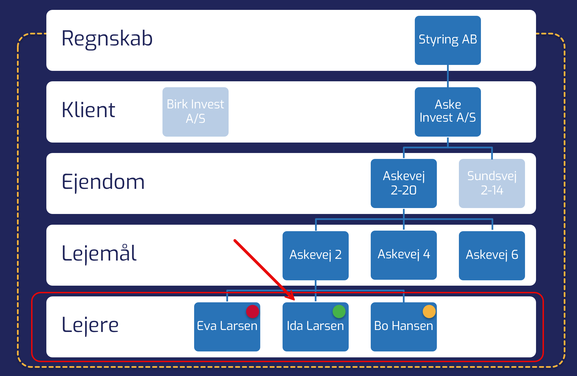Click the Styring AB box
tap(448, 40)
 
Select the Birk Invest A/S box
tap(195, 112)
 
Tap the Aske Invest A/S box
tap(448, 112)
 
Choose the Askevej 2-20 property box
tap(404, 183)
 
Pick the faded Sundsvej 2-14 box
tap(492, 183)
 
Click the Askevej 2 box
tap(315, 255)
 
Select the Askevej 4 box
tap(404, 255)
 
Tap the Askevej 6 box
tap(492, 255)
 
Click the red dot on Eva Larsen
tap(252, 311)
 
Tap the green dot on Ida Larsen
tap(339, 311)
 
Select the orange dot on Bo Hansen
tap(429, 311)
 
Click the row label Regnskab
tap(107, 39)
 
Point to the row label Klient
tap(88, 110)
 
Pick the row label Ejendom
tap(103, 182)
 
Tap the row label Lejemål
tap(99, 253)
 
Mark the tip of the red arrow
tap(294, 300)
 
